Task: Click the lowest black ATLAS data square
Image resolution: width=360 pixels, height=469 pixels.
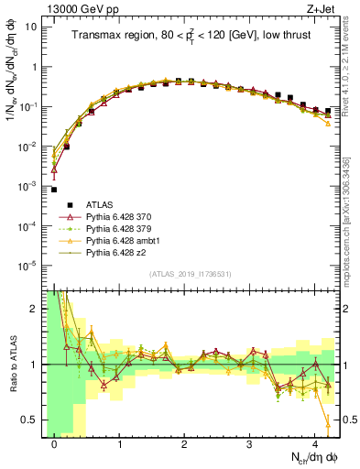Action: coord(54,190)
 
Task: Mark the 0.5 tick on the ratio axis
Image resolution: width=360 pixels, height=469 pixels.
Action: coord(31,420)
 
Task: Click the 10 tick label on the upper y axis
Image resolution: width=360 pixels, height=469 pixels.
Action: coord(29,27)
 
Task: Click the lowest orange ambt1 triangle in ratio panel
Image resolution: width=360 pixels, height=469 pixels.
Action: coord(328,422)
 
